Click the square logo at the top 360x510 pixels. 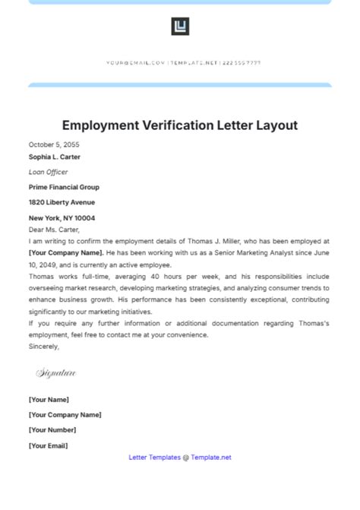coord(180,27)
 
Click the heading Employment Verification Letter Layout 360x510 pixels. coord(180,125)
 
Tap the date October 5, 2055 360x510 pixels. coord(54,144)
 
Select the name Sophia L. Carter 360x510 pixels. coord(55,157)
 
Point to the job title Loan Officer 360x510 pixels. coord(49,172)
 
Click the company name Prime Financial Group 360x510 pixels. coord(64,187)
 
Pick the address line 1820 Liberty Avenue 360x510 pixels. coord(62,202)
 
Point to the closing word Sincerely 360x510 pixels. coord(44,346)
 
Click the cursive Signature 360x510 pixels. coord(56,373)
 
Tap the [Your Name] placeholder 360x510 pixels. coord(49,400)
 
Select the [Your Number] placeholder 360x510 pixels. coord(52,430)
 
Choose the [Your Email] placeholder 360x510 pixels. coord(49,445)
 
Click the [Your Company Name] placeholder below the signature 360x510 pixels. coord(65,415)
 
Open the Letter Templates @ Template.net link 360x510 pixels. coord(180,458)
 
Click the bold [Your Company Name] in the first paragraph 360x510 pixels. coord(65,252)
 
